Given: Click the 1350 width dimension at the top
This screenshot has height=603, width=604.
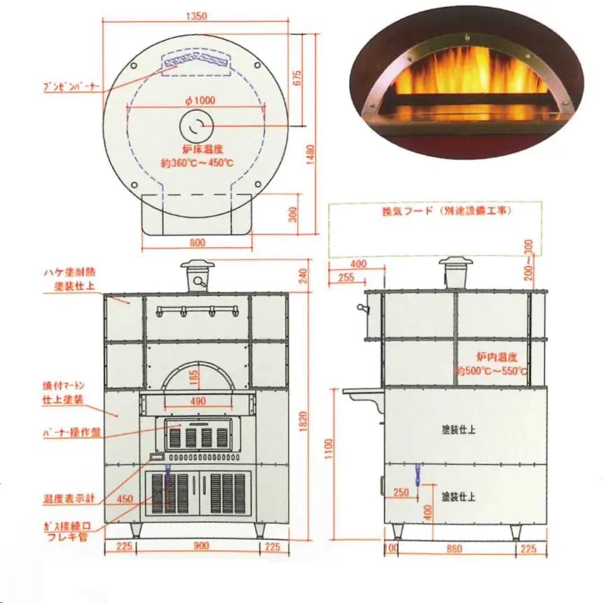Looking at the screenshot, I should pyautogui.click(x=197, y=17).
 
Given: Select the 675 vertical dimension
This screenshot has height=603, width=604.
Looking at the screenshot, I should pyautogui.click(x=297, y=79).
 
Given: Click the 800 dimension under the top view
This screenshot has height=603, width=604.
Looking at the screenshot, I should pyautogui.click(x=198, y=243).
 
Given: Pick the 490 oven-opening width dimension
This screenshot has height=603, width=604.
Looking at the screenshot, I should pyautogui.click(x=198, y=401).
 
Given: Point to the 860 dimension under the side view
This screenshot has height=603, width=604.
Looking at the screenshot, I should pyautogui.click(x=454, y=549).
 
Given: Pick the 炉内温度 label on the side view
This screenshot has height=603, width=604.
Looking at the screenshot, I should pyautogui.click(x=497, y=358).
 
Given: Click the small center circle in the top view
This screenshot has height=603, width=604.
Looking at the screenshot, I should pyautogui.click(x=195, y=126).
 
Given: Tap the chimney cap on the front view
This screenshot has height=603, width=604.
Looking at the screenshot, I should pyautogui.click(x=199, y=265).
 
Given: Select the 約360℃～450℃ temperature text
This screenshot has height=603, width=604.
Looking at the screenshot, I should pyautogui.click(x=197, y=163).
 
